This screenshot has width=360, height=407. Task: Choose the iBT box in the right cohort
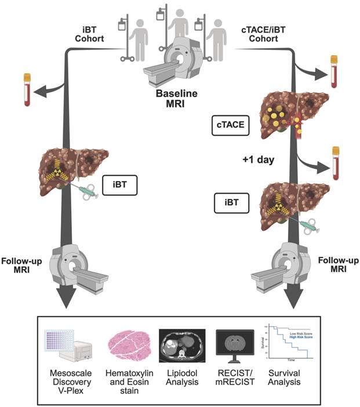[230, 203]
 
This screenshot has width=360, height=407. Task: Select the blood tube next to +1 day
[334, 162]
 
